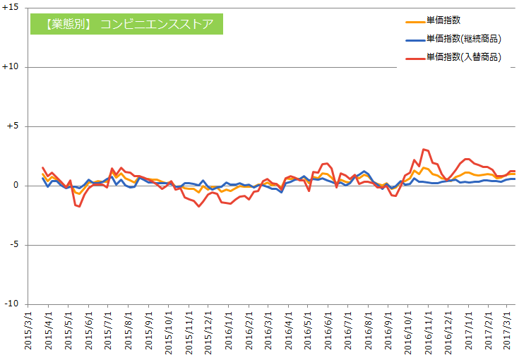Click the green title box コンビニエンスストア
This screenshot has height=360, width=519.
coord(126,23)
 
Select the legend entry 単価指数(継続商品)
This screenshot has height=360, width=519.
coord(463,39)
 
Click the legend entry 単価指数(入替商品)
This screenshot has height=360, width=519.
coord(463,57)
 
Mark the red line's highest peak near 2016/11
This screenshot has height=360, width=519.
coord(423,149)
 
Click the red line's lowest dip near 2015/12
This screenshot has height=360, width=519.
coord(198,206)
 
